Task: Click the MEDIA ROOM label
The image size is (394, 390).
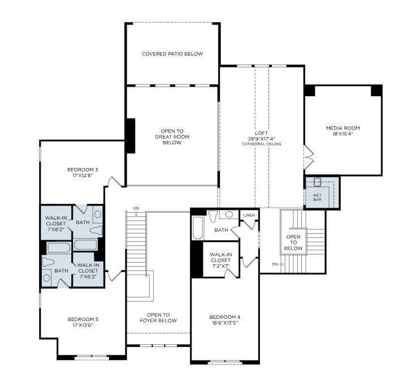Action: pyautogui.click(x=343, y=128)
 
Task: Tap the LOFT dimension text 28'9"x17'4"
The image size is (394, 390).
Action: pyautogui.click(x=262, y=138)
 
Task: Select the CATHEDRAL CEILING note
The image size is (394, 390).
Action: pyautogui.click(x=262, y=144)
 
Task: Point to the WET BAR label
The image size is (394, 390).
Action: pyautogui.click(x=317, y=197)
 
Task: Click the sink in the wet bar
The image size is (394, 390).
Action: pyautogui.click(x=318, y=182)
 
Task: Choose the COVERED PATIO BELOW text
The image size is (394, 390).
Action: pyautogui.click(x=172, y=54)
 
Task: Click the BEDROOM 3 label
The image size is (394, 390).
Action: pyautogui.click(x=83, y=169)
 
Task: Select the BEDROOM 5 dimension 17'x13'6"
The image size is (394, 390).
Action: pyautogui.click(x=83, y=325)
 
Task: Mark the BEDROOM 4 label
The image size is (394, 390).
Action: pyautogui.click(x=225, y=316)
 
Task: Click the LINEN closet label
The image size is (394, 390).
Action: pyautogui.click(x=249, y=216)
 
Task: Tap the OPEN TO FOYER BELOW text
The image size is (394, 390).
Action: pyautogui.click(x=158, y=318)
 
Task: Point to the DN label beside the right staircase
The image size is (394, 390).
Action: pyautogui.click(x=275, y=264)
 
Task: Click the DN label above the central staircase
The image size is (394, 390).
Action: pyautogui.click(x=136, y=208)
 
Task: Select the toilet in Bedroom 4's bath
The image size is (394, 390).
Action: pyautogui.click(x=213, y=217)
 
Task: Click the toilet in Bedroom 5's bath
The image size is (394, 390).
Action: pyautogui.click(x=48, y=263)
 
